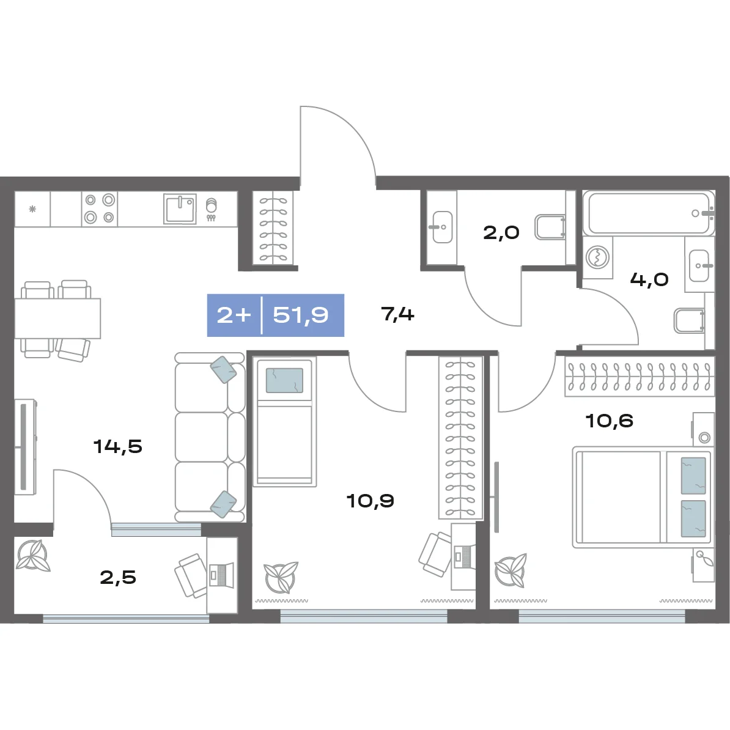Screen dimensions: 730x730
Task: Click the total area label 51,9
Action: coord(301,315)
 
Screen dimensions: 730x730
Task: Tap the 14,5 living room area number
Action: coord(118,446)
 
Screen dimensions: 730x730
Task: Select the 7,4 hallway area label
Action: coord(397,314)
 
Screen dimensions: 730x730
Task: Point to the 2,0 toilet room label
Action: coord(501,232)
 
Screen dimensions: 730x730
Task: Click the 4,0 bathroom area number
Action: coord(649,279)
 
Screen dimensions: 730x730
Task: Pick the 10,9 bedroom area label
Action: coord(370,501)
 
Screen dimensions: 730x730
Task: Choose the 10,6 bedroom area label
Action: coord(609,421)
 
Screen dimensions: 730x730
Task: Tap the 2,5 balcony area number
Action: coord(118,577)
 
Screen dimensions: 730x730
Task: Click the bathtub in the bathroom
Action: coord(649,213)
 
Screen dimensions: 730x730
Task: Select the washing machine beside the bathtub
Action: coord(598,257)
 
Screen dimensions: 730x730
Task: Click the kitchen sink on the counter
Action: coord(180,209)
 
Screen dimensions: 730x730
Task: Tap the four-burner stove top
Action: coord(100,208)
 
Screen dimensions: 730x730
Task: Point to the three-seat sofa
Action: coord(210,437)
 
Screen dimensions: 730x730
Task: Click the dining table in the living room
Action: coord(57,318)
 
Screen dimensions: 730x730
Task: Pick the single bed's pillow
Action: coord(284,380)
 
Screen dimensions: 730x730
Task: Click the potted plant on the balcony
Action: coord(32,555)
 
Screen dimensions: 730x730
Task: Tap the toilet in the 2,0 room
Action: coord(550,227)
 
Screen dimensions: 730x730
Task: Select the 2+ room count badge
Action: coord(234,315)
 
